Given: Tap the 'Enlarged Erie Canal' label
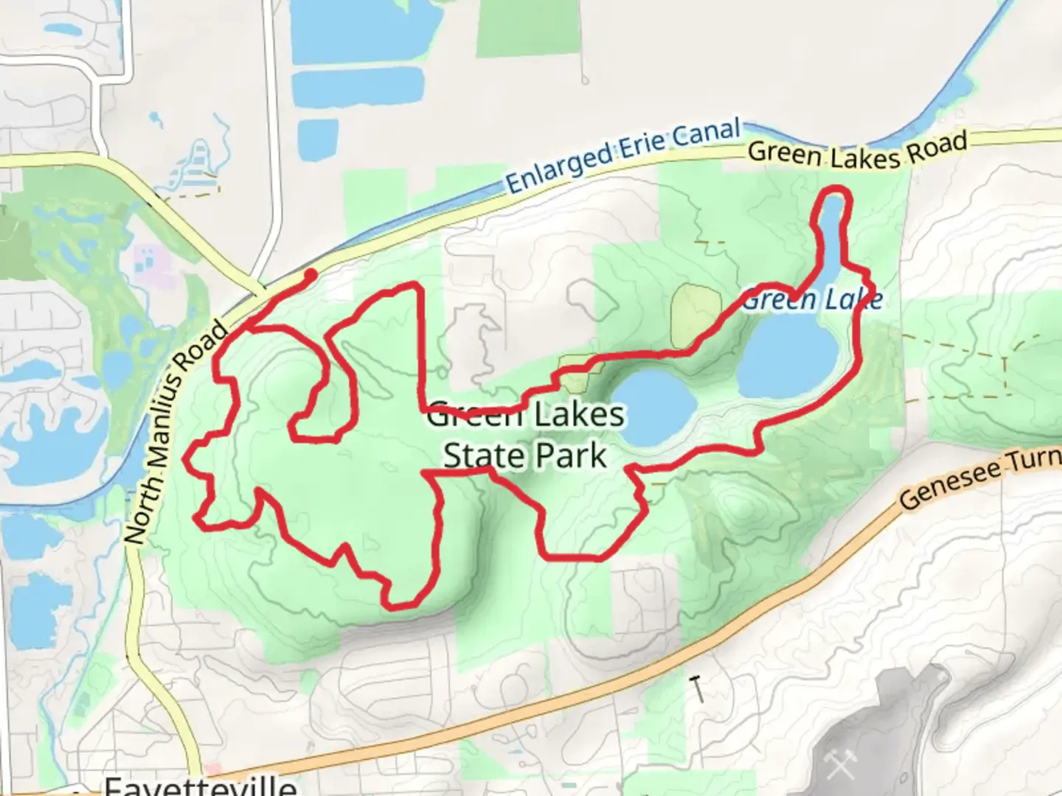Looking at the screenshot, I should click(622, 157).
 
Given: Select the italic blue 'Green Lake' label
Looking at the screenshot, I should click(811, 300).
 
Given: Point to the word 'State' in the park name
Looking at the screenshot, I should click(479, 456).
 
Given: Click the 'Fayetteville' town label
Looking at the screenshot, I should click(201, 786).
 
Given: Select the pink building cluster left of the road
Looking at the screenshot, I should click(148, 261).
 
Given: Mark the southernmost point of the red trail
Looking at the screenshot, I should click(398, 607).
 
